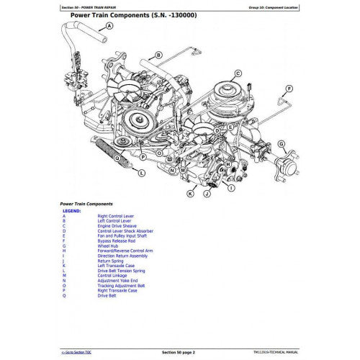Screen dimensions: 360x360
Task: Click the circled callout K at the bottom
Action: point(190,194)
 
